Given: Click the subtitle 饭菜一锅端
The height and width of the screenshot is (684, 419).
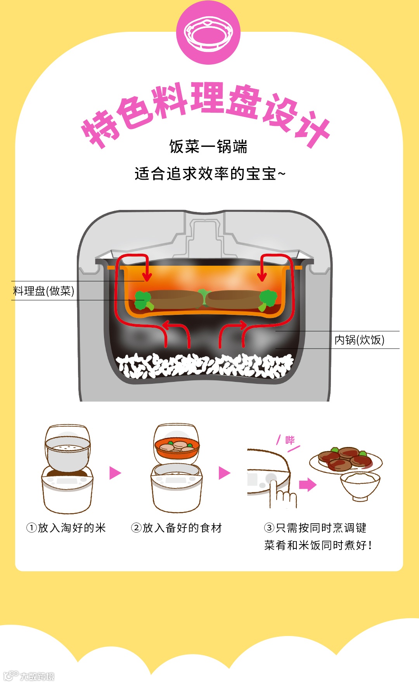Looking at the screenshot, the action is pyautogui.click(x=208, y=147).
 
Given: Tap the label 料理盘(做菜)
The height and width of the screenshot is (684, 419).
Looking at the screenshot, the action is pyautogui.click(x=43, y=291).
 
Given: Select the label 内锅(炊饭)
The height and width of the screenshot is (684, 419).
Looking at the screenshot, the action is pyautogui.click(x=359, y=340).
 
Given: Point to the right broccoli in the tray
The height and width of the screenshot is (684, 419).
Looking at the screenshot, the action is pyautogui.click(x=268, y=299).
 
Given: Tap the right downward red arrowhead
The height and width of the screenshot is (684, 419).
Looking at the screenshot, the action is pyautogui.click(x=262, y=277).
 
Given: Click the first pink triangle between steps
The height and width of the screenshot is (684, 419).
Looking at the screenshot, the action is pyautogui.click(x=115, y=473).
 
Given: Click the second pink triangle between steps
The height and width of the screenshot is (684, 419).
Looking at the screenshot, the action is pyautogui.click(x=224, y=473).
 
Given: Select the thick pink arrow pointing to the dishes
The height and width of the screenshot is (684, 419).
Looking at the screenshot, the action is pyautogui.click(x=308, y=485).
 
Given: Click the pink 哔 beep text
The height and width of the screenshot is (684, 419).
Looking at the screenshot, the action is pyautogui.click(x=290, y=440).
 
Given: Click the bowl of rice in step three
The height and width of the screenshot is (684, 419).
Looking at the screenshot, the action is pyautogui.click(x=360, y=485).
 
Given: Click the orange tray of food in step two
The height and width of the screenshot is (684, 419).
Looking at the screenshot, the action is pyautogui.click(x=177, y=447).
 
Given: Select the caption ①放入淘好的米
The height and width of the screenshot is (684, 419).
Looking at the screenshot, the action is pyautogui.click(x=66, y=528).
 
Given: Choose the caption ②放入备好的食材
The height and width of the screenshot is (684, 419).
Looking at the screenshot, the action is pyautogui.click(x=177, y=528).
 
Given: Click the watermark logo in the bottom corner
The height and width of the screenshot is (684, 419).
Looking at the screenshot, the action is pyautogui.click(x=29, y=676).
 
